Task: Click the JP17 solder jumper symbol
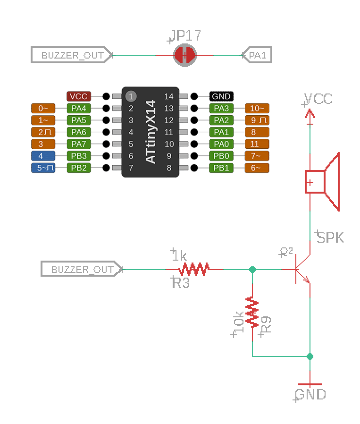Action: point(184,55)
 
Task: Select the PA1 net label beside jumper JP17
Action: point(257,55)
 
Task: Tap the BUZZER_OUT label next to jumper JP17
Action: point(72,55)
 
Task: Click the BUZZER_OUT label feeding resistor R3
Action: point(82,270)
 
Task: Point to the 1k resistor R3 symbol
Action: point(194,270)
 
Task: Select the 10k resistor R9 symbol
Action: point(252,312)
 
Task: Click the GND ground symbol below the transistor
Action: point(310,385)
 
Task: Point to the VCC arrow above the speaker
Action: point(310,113)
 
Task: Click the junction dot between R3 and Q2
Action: point(252,270)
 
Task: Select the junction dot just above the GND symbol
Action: point(310,356)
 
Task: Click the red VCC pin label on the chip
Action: point(78,96)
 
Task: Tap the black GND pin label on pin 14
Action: point(221,96)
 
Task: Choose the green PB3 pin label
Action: point(78,156)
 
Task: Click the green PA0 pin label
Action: point(221,144)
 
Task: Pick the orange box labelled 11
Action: point(257,144)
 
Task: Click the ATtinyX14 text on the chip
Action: point(151,132)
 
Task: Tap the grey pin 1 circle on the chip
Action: point(131,96)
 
